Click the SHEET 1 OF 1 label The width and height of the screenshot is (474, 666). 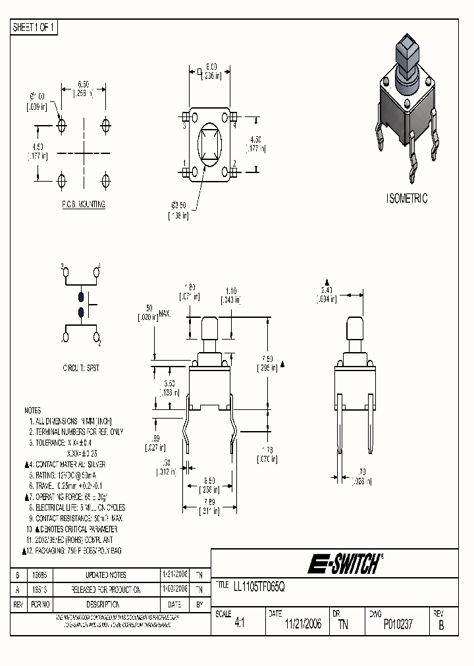click(x=35, y=27)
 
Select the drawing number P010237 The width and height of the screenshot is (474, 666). click(x=398, y=625)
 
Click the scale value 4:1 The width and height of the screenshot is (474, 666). click(x=239, y=625)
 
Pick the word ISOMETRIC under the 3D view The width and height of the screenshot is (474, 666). click(x=406, y=198)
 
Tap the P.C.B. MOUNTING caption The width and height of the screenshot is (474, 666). click(x=84, y=205)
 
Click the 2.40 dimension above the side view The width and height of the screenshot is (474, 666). click(x=328, y=290)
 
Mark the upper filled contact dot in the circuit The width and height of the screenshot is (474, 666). click(x=82, y=297)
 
